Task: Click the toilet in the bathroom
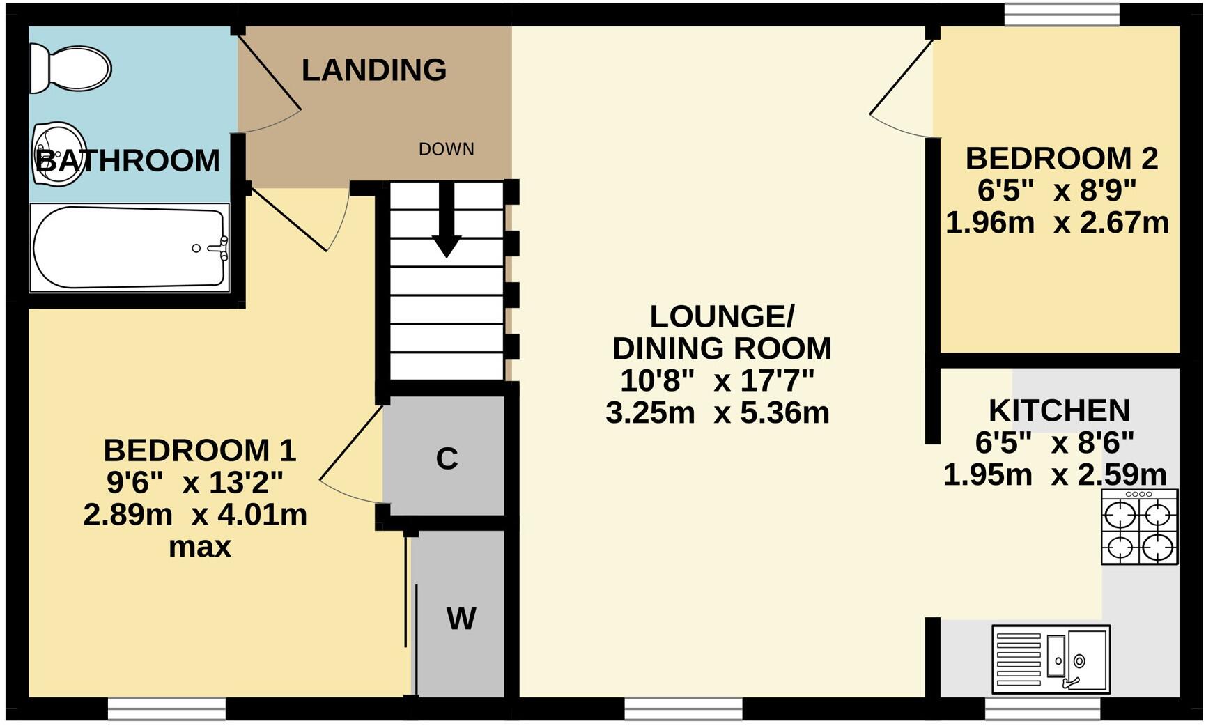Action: click(x=70, y=68)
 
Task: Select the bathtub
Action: click(x=130, y=248)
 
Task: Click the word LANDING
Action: click(x=374, y=70)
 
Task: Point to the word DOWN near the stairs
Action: click(x=447, y=149)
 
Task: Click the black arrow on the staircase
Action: click(x=446, y=220)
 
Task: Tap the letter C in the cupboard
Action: click(x=447, y=458)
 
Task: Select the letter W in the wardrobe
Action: click(x=461, y=618)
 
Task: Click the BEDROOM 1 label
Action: click(x=200, y=450)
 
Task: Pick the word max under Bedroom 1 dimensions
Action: click(x=200, y=547)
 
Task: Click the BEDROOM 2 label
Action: click(x=1062, y=158)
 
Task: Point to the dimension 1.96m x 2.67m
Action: click(x=1057, y=222)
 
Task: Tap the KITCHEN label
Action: click(x=1059, y=410)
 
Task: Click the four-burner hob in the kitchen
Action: click(x=1139, y=526)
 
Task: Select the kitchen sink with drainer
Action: click(x=1051, y=659)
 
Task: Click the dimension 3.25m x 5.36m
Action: click(x=718, y=412)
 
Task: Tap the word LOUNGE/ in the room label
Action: click(x=722, y=316)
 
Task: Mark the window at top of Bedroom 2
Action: click(x=1062, y=15)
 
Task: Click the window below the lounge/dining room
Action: click(x=683, y=709)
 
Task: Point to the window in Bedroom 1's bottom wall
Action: click(x=167, y=709)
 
